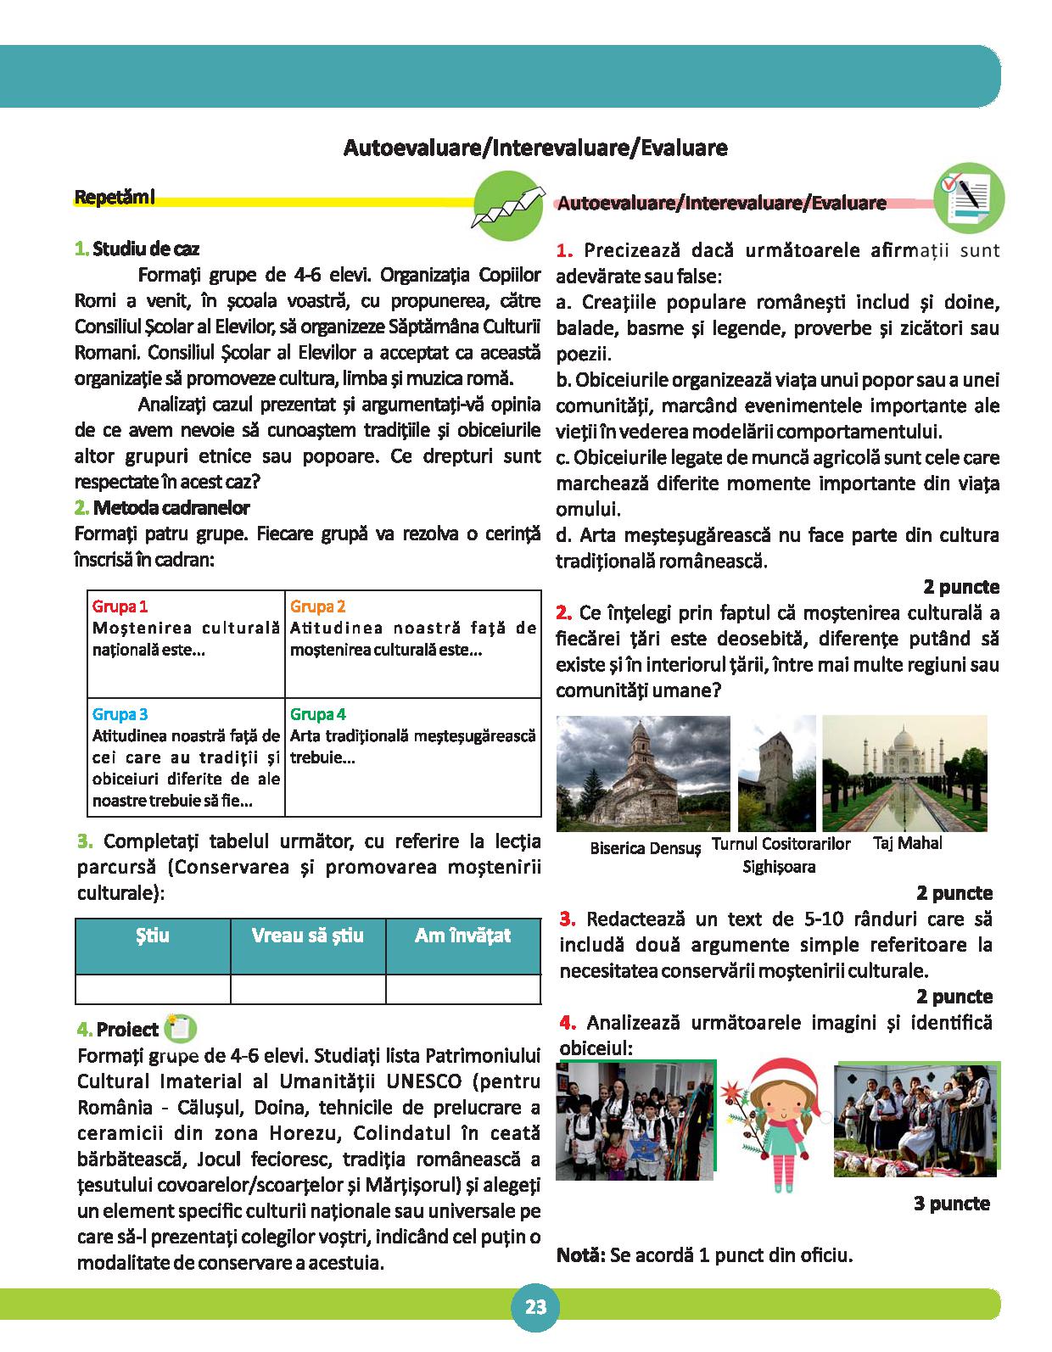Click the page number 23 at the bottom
pyautogui.click(x=535, y=1307)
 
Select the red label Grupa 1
pyautogui.click(x=120, y=606)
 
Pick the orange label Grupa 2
pyautogui.click(x=318, y=606)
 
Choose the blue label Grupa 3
pyautogui.click(x=120, y=714)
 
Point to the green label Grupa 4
pyautogui.click(x=318, y=714)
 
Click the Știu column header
pyautogui.click(x=153, y=936)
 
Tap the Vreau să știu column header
pyautogui.click(x=307, y=936)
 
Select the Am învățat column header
pyautogui.click(x=462, y=936)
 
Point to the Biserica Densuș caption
pyautogui.click(x=646, y=847)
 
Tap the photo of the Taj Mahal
pyautogui.click(x=904, y=773)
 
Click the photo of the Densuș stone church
pyautogui.click(x=643, y=773)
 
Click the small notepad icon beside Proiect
pyautogui.click(x=180, y=1028)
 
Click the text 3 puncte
pyautogui.click(x=952, y=1203)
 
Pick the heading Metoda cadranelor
pyautogui.click(x=171, y=508)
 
